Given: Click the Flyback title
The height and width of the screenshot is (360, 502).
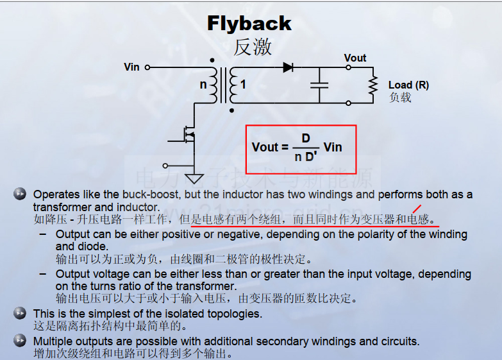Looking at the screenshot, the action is [249, 23].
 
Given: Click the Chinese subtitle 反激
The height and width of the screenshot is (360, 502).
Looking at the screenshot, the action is [253, 47].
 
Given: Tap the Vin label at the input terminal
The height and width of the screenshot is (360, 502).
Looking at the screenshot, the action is [131, 67].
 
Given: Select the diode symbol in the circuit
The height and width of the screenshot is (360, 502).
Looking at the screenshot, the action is [288, 67].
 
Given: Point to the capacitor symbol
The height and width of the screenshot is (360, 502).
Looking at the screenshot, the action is [319, 85].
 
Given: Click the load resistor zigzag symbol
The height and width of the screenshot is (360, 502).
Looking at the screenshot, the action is [373, 85].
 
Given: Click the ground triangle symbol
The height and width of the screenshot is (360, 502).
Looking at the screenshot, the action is [194, 178].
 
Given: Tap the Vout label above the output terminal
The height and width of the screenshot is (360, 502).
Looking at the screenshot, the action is [355, 58].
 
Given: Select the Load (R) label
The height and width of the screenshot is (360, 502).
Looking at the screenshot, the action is [408, 85].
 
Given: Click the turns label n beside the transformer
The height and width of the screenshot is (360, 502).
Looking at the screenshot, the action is [203, 85].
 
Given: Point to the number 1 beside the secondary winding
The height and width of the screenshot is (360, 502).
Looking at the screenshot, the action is [244, 84].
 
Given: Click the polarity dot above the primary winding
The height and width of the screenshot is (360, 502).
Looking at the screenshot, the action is [212, 60].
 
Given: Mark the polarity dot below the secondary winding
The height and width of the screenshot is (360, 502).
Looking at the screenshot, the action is [232, 110].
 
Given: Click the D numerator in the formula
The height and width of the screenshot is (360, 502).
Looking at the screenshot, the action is [306, 138].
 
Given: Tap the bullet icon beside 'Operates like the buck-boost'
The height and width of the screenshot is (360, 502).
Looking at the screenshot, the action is [20, 194].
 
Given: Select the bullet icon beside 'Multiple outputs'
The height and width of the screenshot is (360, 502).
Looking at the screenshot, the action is [20, 341].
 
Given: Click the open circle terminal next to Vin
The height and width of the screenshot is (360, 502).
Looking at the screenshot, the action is [147, 67].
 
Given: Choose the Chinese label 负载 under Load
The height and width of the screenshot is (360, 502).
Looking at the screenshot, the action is [400, 97].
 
